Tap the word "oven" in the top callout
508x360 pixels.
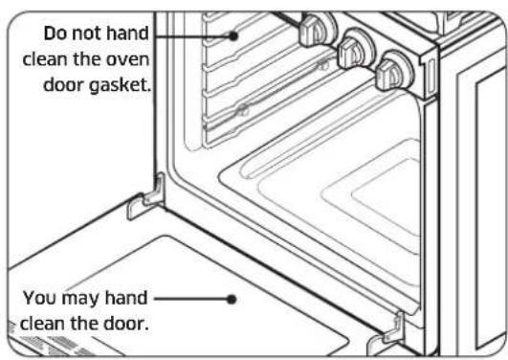click(131, 56)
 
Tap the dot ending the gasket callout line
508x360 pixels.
click(233, 35)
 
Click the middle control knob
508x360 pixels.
click(356, 44)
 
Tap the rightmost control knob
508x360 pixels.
click(393, 69)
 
